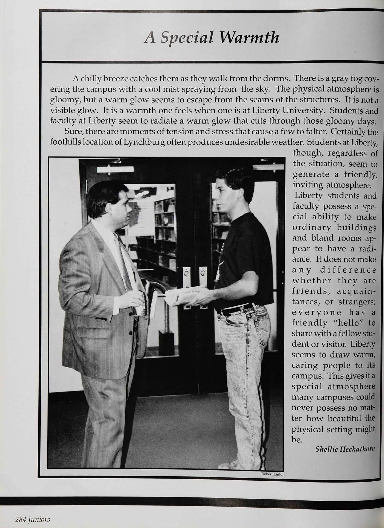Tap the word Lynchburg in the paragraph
[x=144, y=142]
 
